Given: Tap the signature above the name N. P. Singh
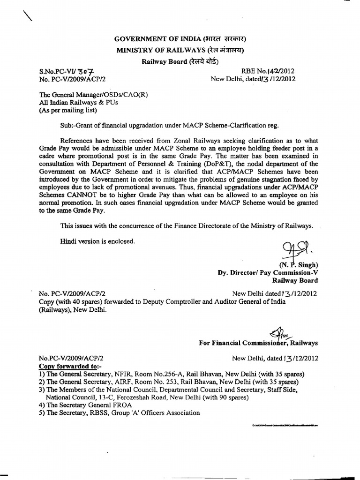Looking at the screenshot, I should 293,250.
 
